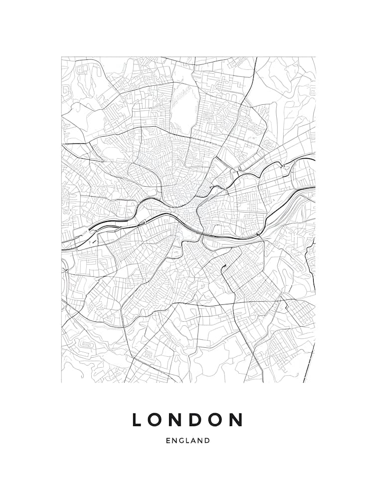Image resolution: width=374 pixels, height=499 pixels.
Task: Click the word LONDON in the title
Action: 187,420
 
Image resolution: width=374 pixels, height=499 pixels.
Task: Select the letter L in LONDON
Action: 137,420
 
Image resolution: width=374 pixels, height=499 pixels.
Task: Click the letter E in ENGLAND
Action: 168,441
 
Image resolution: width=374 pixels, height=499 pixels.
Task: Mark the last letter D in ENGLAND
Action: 207,441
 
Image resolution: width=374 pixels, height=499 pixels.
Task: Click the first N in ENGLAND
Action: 174,441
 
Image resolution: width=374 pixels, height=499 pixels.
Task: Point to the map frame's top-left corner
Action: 61,57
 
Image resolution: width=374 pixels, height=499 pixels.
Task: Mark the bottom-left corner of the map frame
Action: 61,383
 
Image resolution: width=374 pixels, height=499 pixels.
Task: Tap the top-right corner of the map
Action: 315,57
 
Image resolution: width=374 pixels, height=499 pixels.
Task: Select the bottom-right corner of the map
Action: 315,383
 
